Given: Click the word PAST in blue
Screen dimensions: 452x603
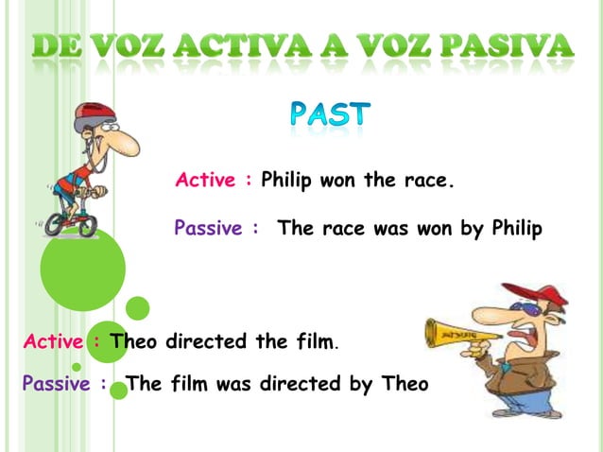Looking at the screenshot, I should click(329, 116).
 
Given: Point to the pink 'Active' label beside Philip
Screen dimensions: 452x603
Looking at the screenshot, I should click(207, 180).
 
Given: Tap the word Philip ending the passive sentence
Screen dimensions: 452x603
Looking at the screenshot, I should click(516, 229).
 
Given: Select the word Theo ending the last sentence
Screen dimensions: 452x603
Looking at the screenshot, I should click(406, 385).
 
